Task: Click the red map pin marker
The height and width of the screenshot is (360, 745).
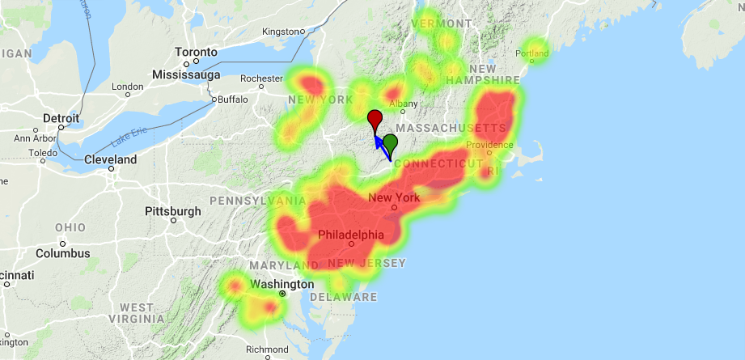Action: coord(375,120)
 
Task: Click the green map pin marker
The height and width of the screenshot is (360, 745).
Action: coord(391,143)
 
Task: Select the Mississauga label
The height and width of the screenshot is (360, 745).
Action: coord(187,74)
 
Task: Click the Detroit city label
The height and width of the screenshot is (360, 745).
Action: coord(61,118)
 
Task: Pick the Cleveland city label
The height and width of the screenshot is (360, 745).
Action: coord(111,160)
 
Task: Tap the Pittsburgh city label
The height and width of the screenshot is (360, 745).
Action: coord(172,211)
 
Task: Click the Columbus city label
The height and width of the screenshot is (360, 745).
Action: coord(61,253)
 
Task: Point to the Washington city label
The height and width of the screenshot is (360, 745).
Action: coord(281,285)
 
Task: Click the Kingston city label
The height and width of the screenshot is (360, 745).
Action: coord(281,32)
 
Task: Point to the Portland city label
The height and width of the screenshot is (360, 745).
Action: coord(531,54)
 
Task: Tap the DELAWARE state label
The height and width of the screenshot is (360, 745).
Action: coord(354,297)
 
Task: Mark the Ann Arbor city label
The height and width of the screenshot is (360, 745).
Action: coord(35,138)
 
